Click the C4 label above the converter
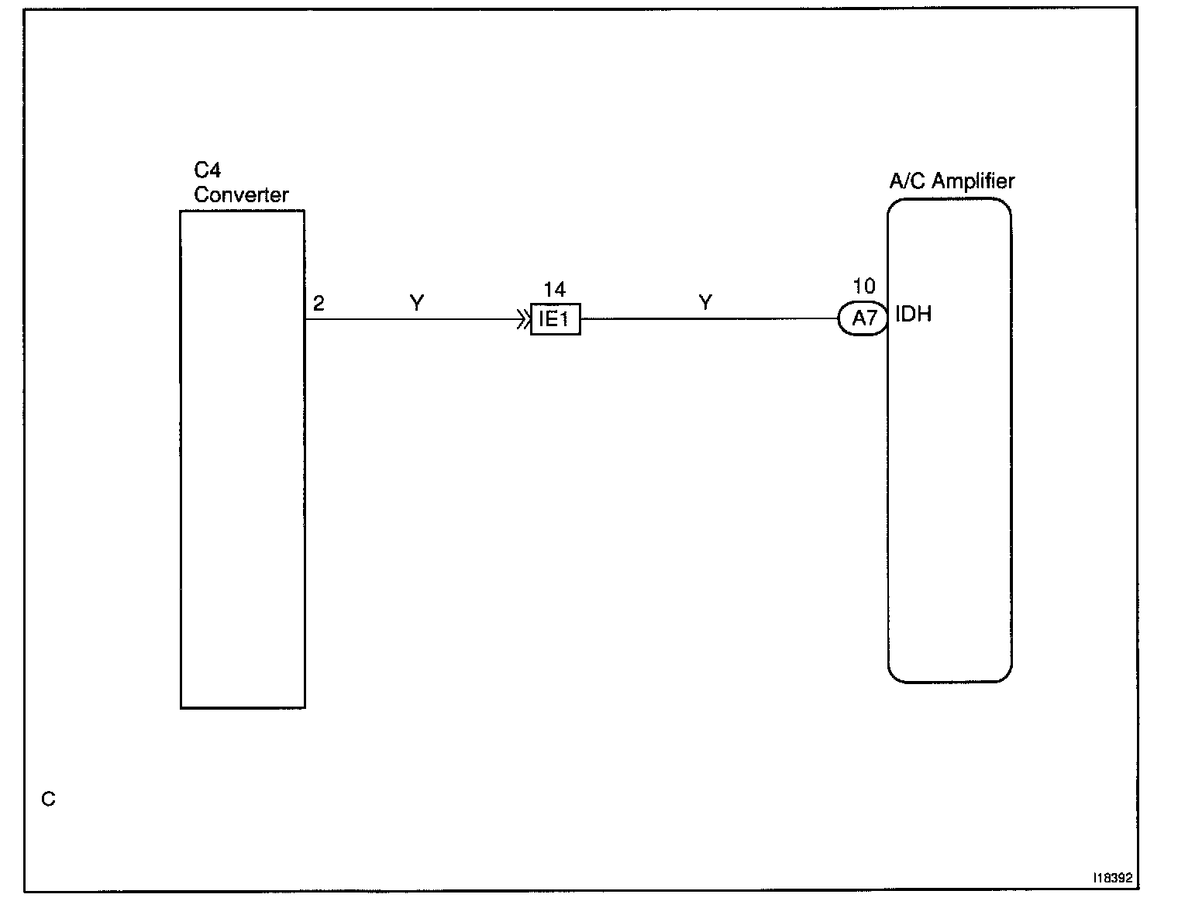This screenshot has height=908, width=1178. [x=208, y=171]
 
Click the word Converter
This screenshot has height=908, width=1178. [x=241, y=194]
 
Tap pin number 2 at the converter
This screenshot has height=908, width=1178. [x=319, y=304]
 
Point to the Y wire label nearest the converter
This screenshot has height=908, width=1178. [x=417, y=303]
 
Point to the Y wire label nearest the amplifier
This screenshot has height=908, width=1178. [x=705, y=302]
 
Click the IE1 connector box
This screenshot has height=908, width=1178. [x=555, y=319]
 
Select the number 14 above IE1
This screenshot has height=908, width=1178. [x=555, y=291]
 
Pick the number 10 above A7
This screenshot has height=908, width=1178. [x=863, y=287]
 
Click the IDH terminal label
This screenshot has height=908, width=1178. [x=913, y=315]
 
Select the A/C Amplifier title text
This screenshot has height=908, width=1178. [x=952, y=181]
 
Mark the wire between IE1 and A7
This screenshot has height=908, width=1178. [x=709, y=318]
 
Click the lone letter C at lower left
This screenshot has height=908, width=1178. [x=48, y=799]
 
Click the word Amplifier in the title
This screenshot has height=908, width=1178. [x=973, y=181]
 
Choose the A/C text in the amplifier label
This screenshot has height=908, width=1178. [x=908, y=181]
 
